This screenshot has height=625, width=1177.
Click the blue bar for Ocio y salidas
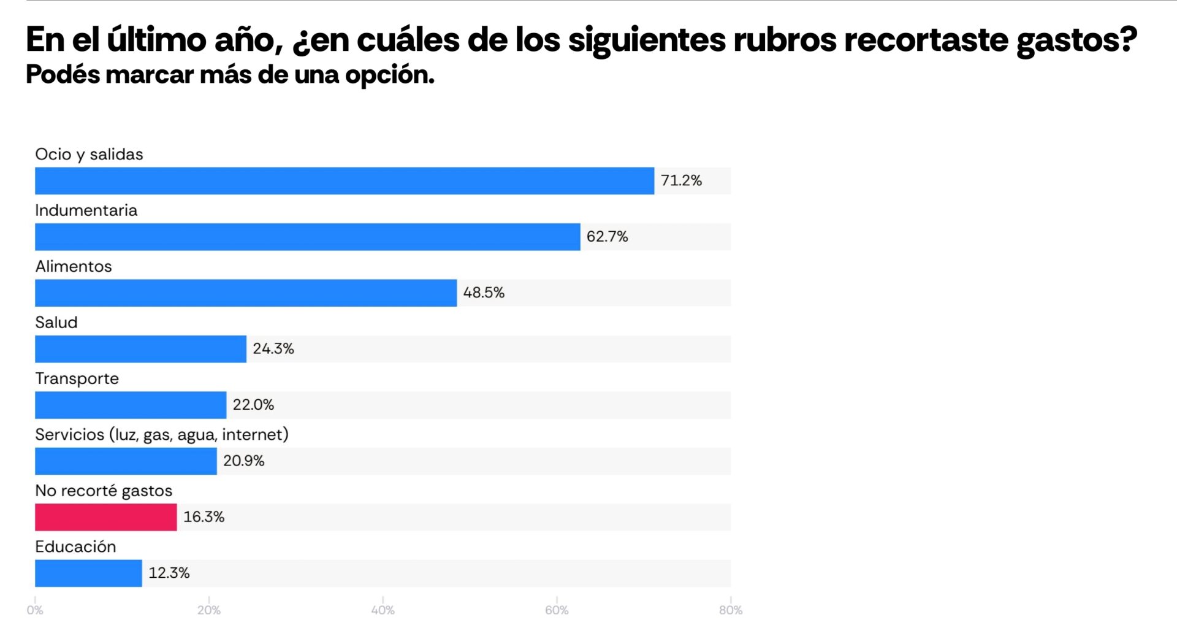344,181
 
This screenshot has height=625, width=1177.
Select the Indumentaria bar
307,237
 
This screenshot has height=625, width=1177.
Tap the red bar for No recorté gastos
105,517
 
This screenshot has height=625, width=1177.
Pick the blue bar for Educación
88,573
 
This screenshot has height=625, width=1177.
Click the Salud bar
140,349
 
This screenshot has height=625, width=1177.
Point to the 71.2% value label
681,181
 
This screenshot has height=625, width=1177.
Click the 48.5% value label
484,293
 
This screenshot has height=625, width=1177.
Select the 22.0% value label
253,405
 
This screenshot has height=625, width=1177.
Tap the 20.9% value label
243,461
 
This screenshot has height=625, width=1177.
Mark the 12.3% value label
169,573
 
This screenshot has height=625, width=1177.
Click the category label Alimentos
74,266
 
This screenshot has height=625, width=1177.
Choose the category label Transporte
77,378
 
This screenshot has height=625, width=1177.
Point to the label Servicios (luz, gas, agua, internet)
162,435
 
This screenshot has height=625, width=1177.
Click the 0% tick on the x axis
35,610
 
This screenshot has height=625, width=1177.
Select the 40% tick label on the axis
383,610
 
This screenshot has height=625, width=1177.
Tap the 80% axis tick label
730,610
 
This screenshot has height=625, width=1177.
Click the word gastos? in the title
1076,40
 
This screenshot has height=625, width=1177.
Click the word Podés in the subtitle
63,75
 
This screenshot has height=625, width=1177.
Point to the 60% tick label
557,610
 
